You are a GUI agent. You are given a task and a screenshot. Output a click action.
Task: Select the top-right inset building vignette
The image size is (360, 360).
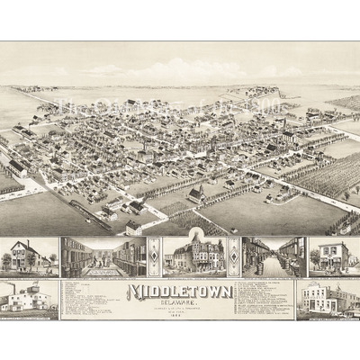tap(334, 256)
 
